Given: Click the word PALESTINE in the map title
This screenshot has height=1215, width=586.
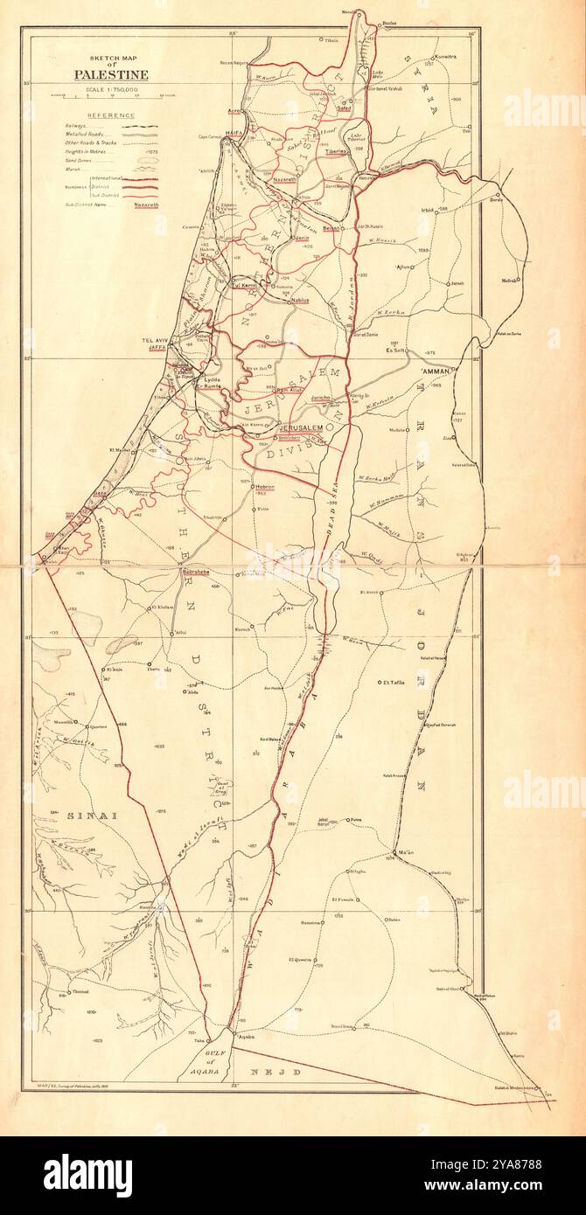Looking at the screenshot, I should [x=110, y=75].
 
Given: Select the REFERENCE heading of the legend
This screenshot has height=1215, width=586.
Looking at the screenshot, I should [x=110, y=115].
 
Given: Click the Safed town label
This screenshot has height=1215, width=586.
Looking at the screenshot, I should [x=344, y=108].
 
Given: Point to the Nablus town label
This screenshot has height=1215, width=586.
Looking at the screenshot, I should [x=302, y=300].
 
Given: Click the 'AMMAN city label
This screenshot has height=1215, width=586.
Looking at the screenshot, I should [x=435, y=371].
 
